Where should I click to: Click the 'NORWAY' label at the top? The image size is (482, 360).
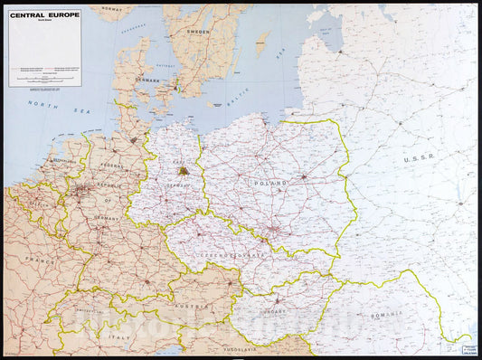click(x=110, y=7)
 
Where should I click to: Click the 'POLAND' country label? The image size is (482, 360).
click(x=270, y=183)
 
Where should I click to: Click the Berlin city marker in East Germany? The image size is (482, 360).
click(x=184, y=171)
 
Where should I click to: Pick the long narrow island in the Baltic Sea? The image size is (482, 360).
click(x=262, y=43)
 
